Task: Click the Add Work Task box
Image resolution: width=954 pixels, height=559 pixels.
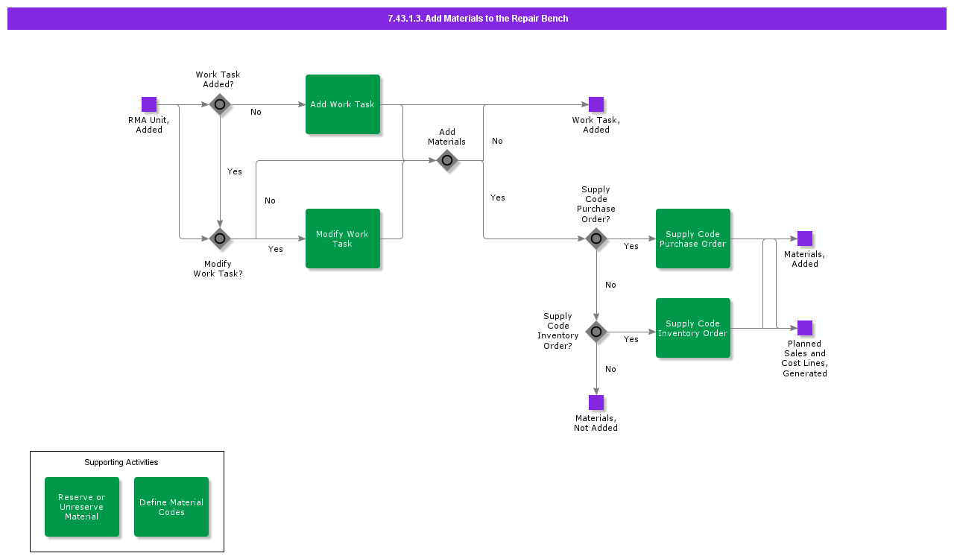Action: (x=343, y=104)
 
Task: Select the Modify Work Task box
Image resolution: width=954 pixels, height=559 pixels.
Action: (x=343, y=239)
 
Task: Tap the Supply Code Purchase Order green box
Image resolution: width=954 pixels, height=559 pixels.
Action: (x=693, y=239)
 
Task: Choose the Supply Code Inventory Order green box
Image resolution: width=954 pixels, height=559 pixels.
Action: (x=693, y=328)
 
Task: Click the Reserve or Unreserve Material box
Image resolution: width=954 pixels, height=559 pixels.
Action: (x=82, y=507)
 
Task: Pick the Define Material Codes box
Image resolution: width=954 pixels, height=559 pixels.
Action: (x=171, y=507)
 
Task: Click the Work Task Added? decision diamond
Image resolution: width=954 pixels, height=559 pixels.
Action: (x=220, y=104)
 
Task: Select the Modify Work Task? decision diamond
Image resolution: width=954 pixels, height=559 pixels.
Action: (x=220, y=239)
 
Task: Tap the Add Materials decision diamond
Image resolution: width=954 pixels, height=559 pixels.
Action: (x=447, y=160)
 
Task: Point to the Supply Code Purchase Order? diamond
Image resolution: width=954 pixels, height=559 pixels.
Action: (x=596, y=239)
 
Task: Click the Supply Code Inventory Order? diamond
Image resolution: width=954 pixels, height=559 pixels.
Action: (x=596, y=332)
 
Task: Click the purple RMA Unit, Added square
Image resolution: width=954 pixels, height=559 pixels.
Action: (x=149, y=104)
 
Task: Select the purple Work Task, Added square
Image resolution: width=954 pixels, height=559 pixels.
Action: (x=596, y=104)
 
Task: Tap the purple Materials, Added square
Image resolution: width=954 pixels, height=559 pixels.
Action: (x=805, y=239)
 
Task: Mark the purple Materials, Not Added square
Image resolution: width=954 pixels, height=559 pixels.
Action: (x=596, y=402)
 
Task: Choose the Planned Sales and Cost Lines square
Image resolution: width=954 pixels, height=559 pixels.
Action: (x=805, y=328)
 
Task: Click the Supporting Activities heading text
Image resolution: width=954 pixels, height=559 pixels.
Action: (x=121, y=462)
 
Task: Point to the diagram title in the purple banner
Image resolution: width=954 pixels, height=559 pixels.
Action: (x=478, y=19)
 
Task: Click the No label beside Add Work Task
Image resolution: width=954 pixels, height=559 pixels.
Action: (x=256, y=112)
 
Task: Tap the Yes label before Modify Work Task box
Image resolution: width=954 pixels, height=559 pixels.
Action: (x=276, y=249)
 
